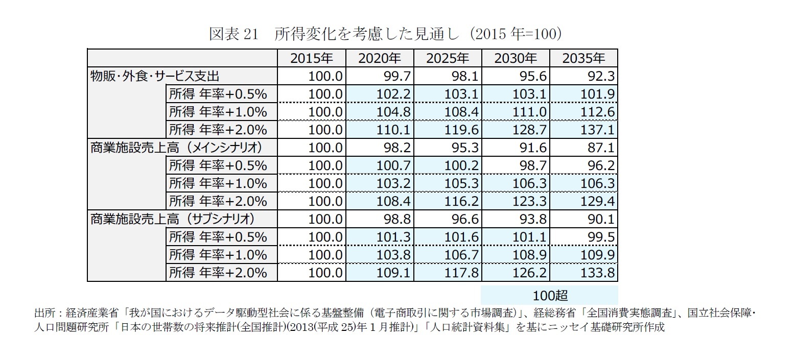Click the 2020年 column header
click(380, 58)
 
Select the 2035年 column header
click(583, 58)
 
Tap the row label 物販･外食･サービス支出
click(155, 76)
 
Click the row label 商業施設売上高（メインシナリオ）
click(176, 148)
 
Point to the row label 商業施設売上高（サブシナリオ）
click(172, 219)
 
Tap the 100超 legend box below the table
click(550, 296)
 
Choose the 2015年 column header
click(312, 58)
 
